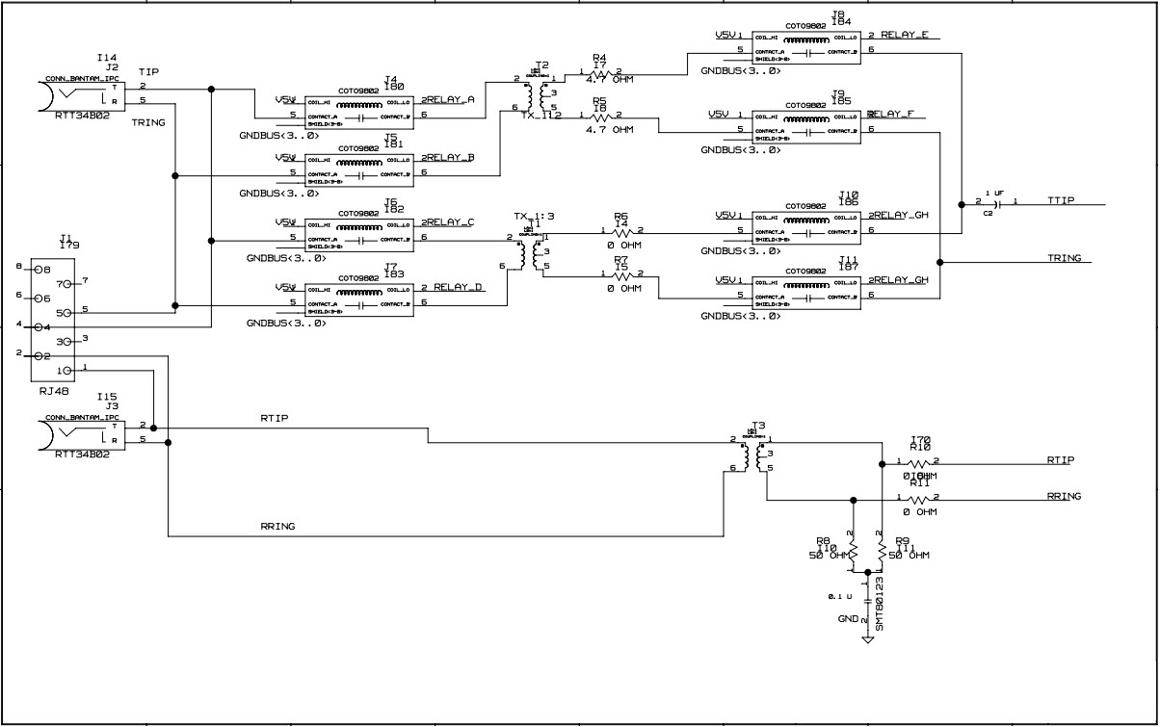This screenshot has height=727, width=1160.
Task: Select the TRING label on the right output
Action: [x=1064, y=258]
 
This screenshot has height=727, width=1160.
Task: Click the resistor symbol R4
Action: [x=600, y=74]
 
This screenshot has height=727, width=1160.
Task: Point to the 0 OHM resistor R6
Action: [x=621, y=232]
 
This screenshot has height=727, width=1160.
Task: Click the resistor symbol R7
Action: [x=621, y=275]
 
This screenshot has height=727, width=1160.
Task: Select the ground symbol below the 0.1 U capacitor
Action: [x=867, y=638]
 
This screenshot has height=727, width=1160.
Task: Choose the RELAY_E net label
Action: [x=900, y=35]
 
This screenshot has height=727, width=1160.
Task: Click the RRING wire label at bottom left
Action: [x=277, y=527]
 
